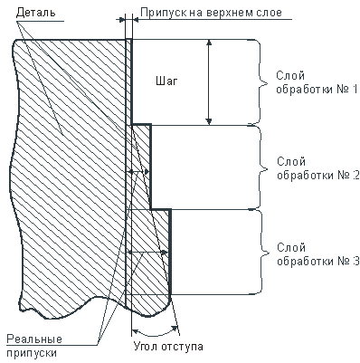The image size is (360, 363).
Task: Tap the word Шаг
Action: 166,81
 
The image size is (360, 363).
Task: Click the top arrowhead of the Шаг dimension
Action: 209,43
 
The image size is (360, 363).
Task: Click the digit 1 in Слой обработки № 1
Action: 355,89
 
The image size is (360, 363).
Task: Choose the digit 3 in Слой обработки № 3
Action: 355,261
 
